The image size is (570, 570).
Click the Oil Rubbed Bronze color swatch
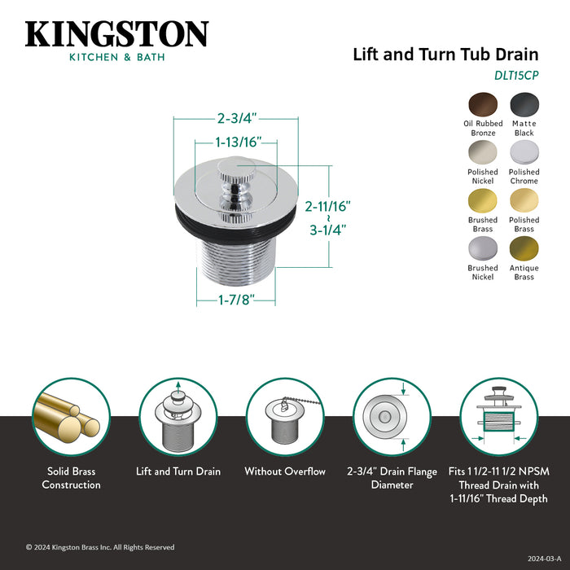coord(483,104)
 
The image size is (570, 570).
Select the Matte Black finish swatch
coord(524,104)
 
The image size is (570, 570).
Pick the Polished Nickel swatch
coord(483,153)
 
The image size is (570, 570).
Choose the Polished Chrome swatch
coord(524,153)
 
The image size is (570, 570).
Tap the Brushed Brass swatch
coord(483,201)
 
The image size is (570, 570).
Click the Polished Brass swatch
coord(524,201)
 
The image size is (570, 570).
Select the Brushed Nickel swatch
coord(483,249)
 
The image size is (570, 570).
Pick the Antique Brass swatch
coord(524,249)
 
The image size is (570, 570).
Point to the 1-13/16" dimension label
coord(238,142)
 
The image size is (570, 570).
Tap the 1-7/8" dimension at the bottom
coord(235,300)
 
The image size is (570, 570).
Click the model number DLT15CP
coord(515,75)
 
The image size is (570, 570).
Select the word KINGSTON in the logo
coord(116,34)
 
